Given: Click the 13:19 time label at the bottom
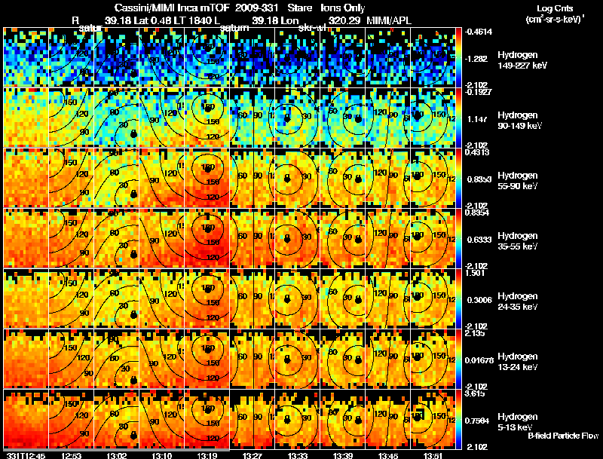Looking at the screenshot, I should [x=207, y=454].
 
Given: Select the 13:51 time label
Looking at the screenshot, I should [x=433, y=454].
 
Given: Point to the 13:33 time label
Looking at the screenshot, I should [x=298, y=454].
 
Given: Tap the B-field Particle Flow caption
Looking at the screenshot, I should [x=562, y=436].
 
